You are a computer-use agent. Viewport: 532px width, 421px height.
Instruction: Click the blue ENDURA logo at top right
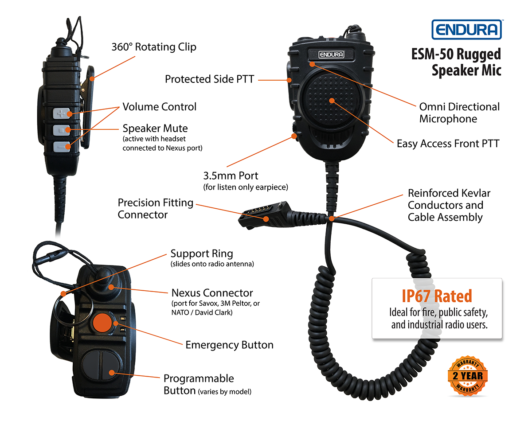coord(467,30)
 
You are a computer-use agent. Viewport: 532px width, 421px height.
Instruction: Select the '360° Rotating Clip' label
coord(154,47)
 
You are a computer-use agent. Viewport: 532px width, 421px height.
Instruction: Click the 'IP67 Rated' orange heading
coord(437,296)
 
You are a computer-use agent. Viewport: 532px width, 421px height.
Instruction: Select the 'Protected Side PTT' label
coord(209,79)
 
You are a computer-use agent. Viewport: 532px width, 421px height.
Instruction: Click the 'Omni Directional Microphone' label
coord(459,113)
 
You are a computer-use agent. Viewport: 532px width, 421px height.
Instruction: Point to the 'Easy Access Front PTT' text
coord(448,144)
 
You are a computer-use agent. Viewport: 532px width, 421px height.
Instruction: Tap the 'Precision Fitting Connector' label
coord(155,209)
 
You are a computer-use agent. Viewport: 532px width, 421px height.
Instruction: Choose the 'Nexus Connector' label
coord(212,293)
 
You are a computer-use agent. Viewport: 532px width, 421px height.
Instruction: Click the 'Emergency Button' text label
coord(229,345)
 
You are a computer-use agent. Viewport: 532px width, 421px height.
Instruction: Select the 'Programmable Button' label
coord(198,384)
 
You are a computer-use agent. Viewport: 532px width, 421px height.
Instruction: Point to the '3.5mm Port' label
coord(231,175)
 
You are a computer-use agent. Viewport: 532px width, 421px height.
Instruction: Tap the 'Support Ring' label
coord(202,254)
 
